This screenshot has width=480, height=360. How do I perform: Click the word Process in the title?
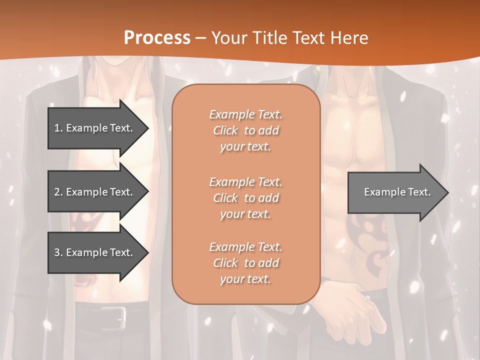coord(157,38)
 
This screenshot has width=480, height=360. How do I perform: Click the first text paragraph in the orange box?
coord(245,130)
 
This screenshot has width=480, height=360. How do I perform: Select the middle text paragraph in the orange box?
coord(245,198)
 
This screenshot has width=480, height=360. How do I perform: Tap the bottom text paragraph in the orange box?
coord(245,263)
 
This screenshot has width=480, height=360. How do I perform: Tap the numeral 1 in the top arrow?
coord(57,128)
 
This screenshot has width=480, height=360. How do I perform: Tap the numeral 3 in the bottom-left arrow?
coord(57,252)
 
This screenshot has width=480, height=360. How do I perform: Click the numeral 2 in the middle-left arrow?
coord(57,192)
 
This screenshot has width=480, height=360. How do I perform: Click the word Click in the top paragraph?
coord(225,130)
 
